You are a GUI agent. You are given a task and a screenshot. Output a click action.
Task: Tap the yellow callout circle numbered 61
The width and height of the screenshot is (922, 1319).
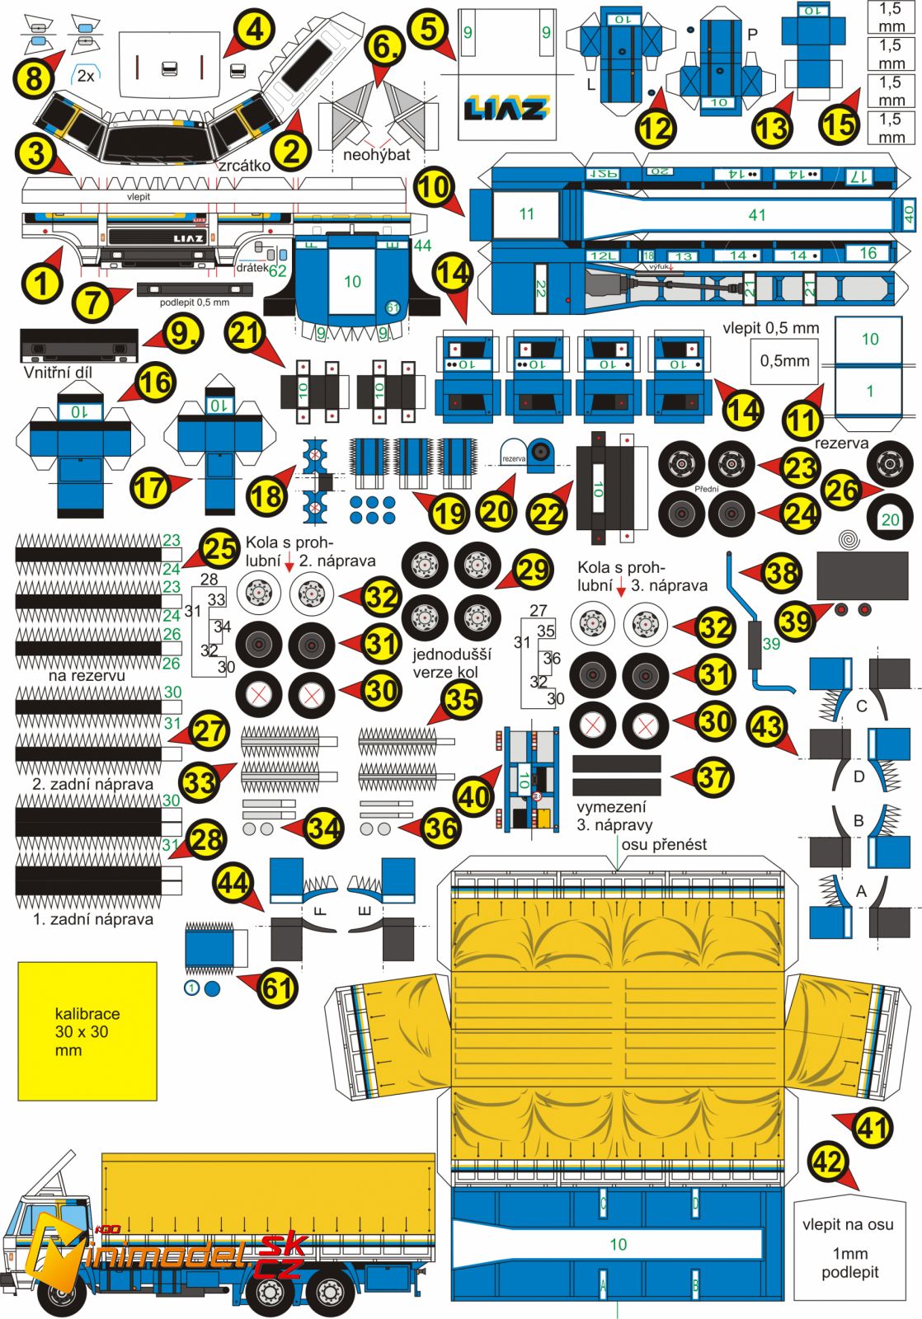(278, 986)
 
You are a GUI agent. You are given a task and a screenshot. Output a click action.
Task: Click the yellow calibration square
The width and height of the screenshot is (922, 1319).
(87, 1031)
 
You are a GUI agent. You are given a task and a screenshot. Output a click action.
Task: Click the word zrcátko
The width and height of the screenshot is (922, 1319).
(244, 165)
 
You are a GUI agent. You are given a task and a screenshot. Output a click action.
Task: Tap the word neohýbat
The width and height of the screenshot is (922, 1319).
(376, 154)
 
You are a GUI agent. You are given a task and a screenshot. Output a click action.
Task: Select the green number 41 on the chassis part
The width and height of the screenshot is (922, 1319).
(757, 215)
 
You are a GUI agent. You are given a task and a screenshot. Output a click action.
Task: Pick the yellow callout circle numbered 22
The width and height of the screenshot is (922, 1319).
(547, 513)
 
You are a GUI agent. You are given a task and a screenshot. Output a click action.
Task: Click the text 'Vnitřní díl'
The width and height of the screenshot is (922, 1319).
(58, 372)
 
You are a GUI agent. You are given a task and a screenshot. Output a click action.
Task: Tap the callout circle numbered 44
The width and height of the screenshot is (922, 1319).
(233, 884)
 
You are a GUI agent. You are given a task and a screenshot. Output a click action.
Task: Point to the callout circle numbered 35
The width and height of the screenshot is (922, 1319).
(462, 699)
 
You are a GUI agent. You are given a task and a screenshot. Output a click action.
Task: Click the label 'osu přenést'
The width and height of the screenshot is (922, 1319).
(664, 844)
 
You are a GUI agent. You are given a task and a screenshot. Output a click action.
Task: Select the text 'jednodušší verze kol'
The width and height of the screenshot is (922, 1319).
(451, 663)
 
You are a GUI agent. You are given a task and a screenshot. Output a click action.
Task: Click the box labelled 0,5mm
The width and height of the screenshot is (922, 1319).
(784, 360)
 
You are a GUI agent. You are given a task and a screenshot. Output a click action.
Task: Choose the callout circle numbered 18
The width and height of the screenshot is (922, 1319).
(266, 496)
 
